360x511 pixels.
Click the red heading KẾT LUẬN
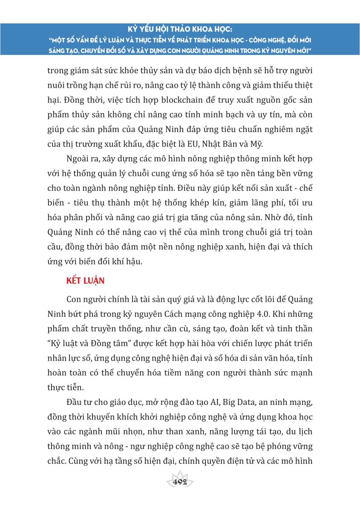pyautogui.click(x=85, y=281)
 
